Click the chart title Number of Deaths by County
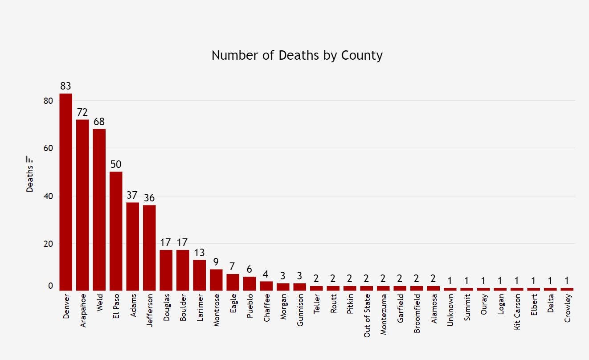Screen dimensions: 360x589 click(297, 55)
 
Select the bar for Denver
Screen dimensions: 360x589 click(66, 192)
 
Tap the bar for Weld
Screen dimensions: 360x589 click(99, 209)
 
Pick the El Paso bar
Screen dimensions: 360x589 click(116, 231)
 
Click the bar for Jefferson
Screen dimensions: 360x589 click(149, 248)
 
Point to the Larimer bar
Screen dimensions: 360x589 click(199, 275)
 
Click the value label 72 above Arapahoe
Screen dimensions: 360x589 click(82, 112)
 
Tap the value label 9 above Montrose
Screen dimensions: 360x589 click(216, 262)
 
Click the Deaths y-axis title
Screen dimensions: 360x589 click(30, 179)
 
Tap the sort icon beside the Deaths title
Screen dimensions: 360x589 click(30, 159)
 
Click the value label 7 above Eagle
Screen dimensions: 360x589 click(233, 266)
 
